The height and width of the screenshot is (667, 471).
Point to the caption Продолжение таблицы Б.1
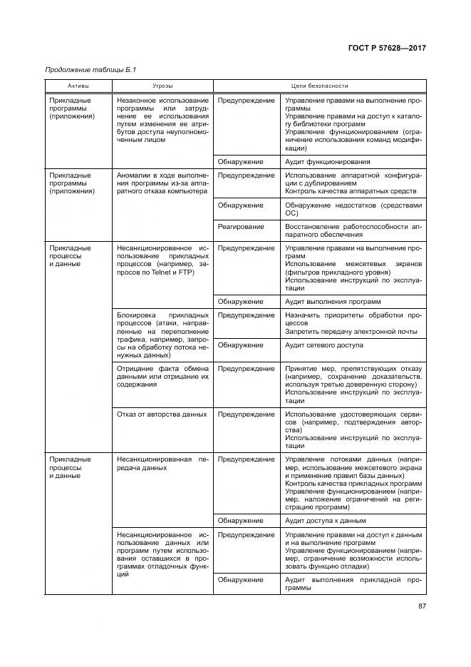(90, 70)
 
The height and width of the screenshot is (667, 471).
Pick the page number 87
(422, 606)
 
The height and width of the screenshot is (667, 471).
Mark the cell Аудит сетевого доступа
(324, 345)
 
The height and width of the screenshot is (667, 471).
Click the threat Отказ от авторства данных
(161, 414)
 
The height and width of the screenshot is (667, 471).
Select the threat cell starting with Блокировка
(162, 334)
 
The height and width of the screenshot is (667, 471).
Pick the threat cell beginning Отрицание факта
(162, 376)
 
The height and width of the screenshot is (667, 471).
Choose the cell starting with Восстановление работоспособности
(353, 230)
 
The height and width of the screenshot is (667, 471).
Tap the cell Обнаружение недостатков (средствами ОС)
(353, 209)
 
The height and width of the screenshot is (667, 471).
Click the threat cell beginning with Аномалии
(162, 183)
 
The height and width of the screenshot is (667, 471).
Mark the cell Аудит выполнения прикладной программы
(353, 584)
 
